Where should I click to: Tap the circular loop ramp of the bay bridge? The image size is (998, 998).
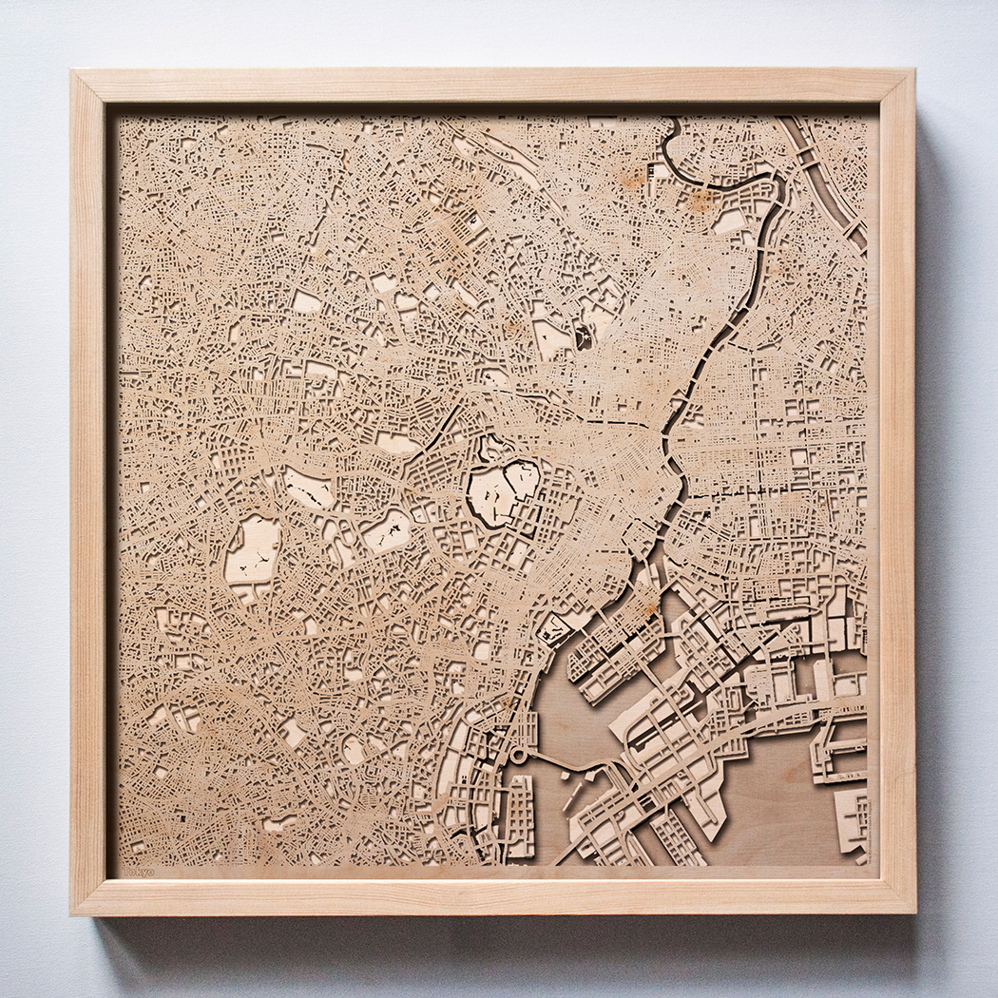[519, 757]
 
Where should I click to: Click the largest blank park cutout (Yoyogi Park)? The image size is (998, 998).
[252, 551]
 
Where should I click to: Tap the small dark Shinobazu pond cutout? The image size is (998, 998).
[582, 336]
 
